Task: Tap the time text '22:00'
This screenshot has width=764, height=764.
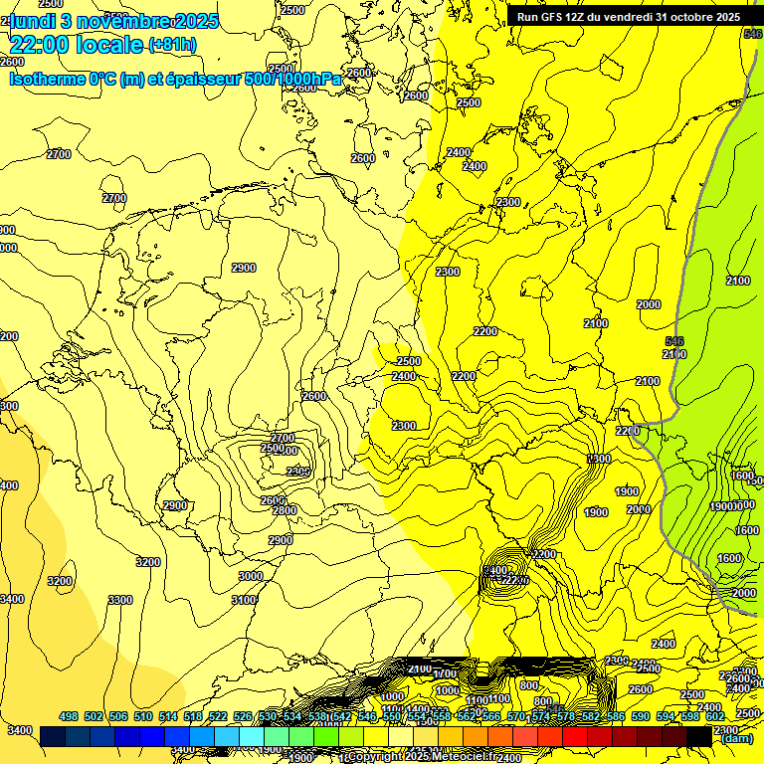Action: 41,44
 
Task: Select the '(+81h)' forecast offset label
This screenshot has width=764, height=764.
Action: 173,45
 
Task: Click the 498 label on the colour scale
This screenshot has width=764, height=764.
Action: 69,716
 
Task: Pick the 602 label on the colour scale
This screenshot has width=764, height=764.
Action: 715,716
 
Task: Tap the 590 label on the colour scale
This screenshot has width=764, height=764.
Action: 641,716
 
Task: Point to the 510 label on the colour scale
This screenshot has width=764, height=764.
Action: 143,716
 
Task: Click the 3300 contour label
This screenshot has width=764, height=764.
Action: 120,600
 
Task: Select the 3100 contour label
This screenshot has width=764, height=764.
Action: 244,600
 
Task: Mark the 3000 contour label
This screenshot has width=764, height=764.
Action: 251,576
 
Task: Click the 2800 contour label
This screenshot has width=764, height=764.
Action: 285,510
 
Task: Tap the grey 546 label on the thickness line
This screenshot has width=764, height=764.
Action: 673,341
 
